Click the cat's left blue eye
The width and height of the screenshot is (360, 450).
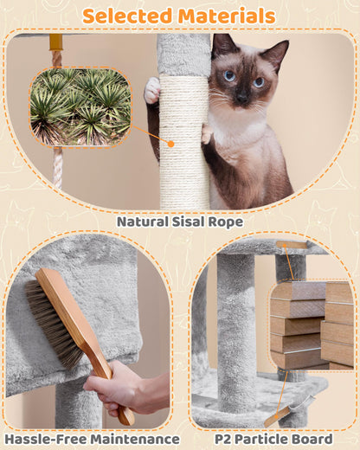coord(228,76)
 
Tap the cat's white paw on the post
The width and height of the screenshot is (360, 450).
coord(152,89)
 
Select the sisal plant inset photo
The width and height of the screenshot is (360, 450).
coord(80,106)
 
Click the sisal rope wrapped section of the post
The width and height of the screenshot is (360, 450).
coord(183,138)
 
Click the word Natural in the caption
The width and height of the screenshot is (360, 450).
coord(146,222)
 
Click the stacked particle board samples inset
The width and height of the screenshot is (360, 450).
coord(312,325)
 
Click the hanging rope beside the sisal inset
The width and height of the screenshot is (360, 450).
coord(57,164)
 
